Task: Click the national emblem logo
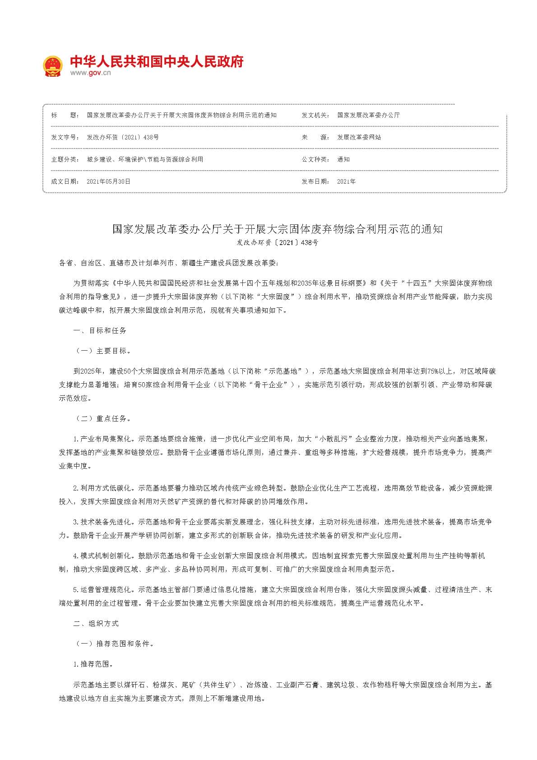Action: (x=52, y=66)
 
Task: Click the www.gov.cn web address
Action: (x=90, y=73)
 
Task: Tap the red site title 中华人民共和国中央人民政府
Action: (x=157, y=61)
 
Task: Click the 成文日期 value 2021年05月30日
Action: (x=108, y=181)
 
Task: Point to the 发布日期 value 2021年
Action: (x=346, y=181)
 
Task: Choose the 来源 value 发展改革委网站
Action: (x=359, y=137)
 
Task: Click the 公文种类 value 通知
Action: (x=343, y=159)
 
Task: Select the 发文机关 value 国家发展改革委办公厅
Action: (x=368, y=115)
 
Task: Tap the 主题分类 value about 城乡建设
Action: (x=145, y=159)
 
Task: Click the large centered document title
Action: (x=277, y=229)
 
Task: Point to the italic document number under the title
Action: (x=277, y=243)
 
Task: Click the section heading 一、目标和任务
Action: (x=100, y=331)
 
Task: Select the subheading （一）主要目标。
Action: (x=103, y=351)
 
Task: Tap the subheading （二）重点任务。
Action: (x=103, y=419)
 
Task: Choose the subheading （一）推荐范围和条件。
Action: (x=115, y=644)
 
